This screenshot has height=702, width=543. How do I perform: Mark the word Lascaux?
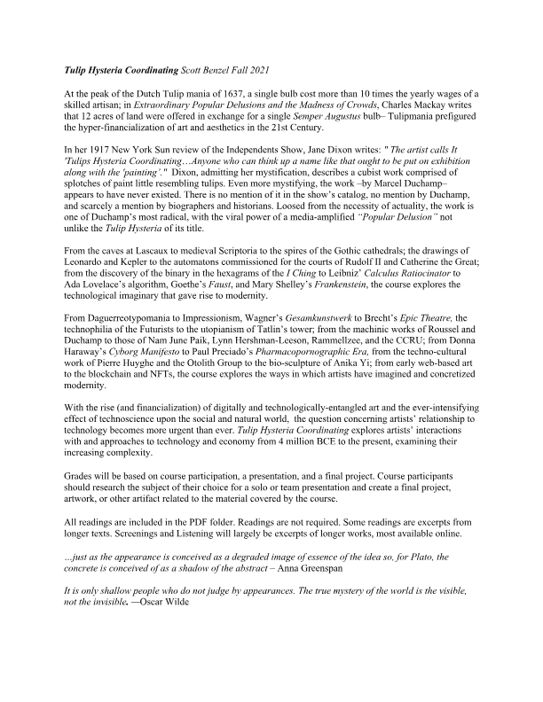[170, 290]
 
